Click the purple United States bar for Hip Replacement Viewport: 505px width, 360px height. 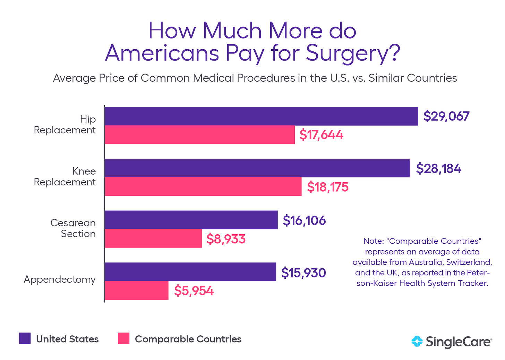(x=261, y=116)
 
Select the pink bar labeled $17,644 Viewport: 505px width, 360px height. (x=199, y=135)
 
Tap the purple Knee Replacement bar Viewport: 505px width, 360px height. (x=257, y=168)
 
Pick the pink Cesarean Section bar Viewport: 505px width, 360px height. (x=153, y=238)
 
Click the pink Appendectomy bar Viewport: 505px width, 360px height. (x=136, y=291)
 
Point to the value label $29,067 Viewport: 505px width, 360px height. (x=446, y=116)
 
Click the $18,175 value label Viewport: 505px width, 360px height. (x=328, y=187)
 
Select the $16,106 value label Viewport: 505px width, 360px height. (x=304, y=220)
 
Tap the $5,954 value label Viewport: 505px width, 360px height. (x=194, y=291)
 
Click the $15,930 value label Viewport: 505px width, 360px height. (x=303, y=273)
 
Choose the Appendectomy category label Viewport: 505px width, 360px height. (x=60, y=279)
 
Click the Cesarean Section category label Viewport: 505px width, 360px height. (x=73, y=228)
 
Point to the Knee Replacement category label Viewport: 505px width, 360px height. (x=65, y=176)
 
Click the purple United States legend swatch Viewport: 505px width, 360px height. (x=25, y=338)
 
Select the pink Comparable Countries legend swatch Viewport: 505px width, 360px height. (x=123, y=338)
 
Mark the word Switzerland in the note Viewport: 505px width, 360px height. (x=469, y=262)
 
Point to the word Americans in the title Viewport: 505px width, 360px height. (x=162, y=53)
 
